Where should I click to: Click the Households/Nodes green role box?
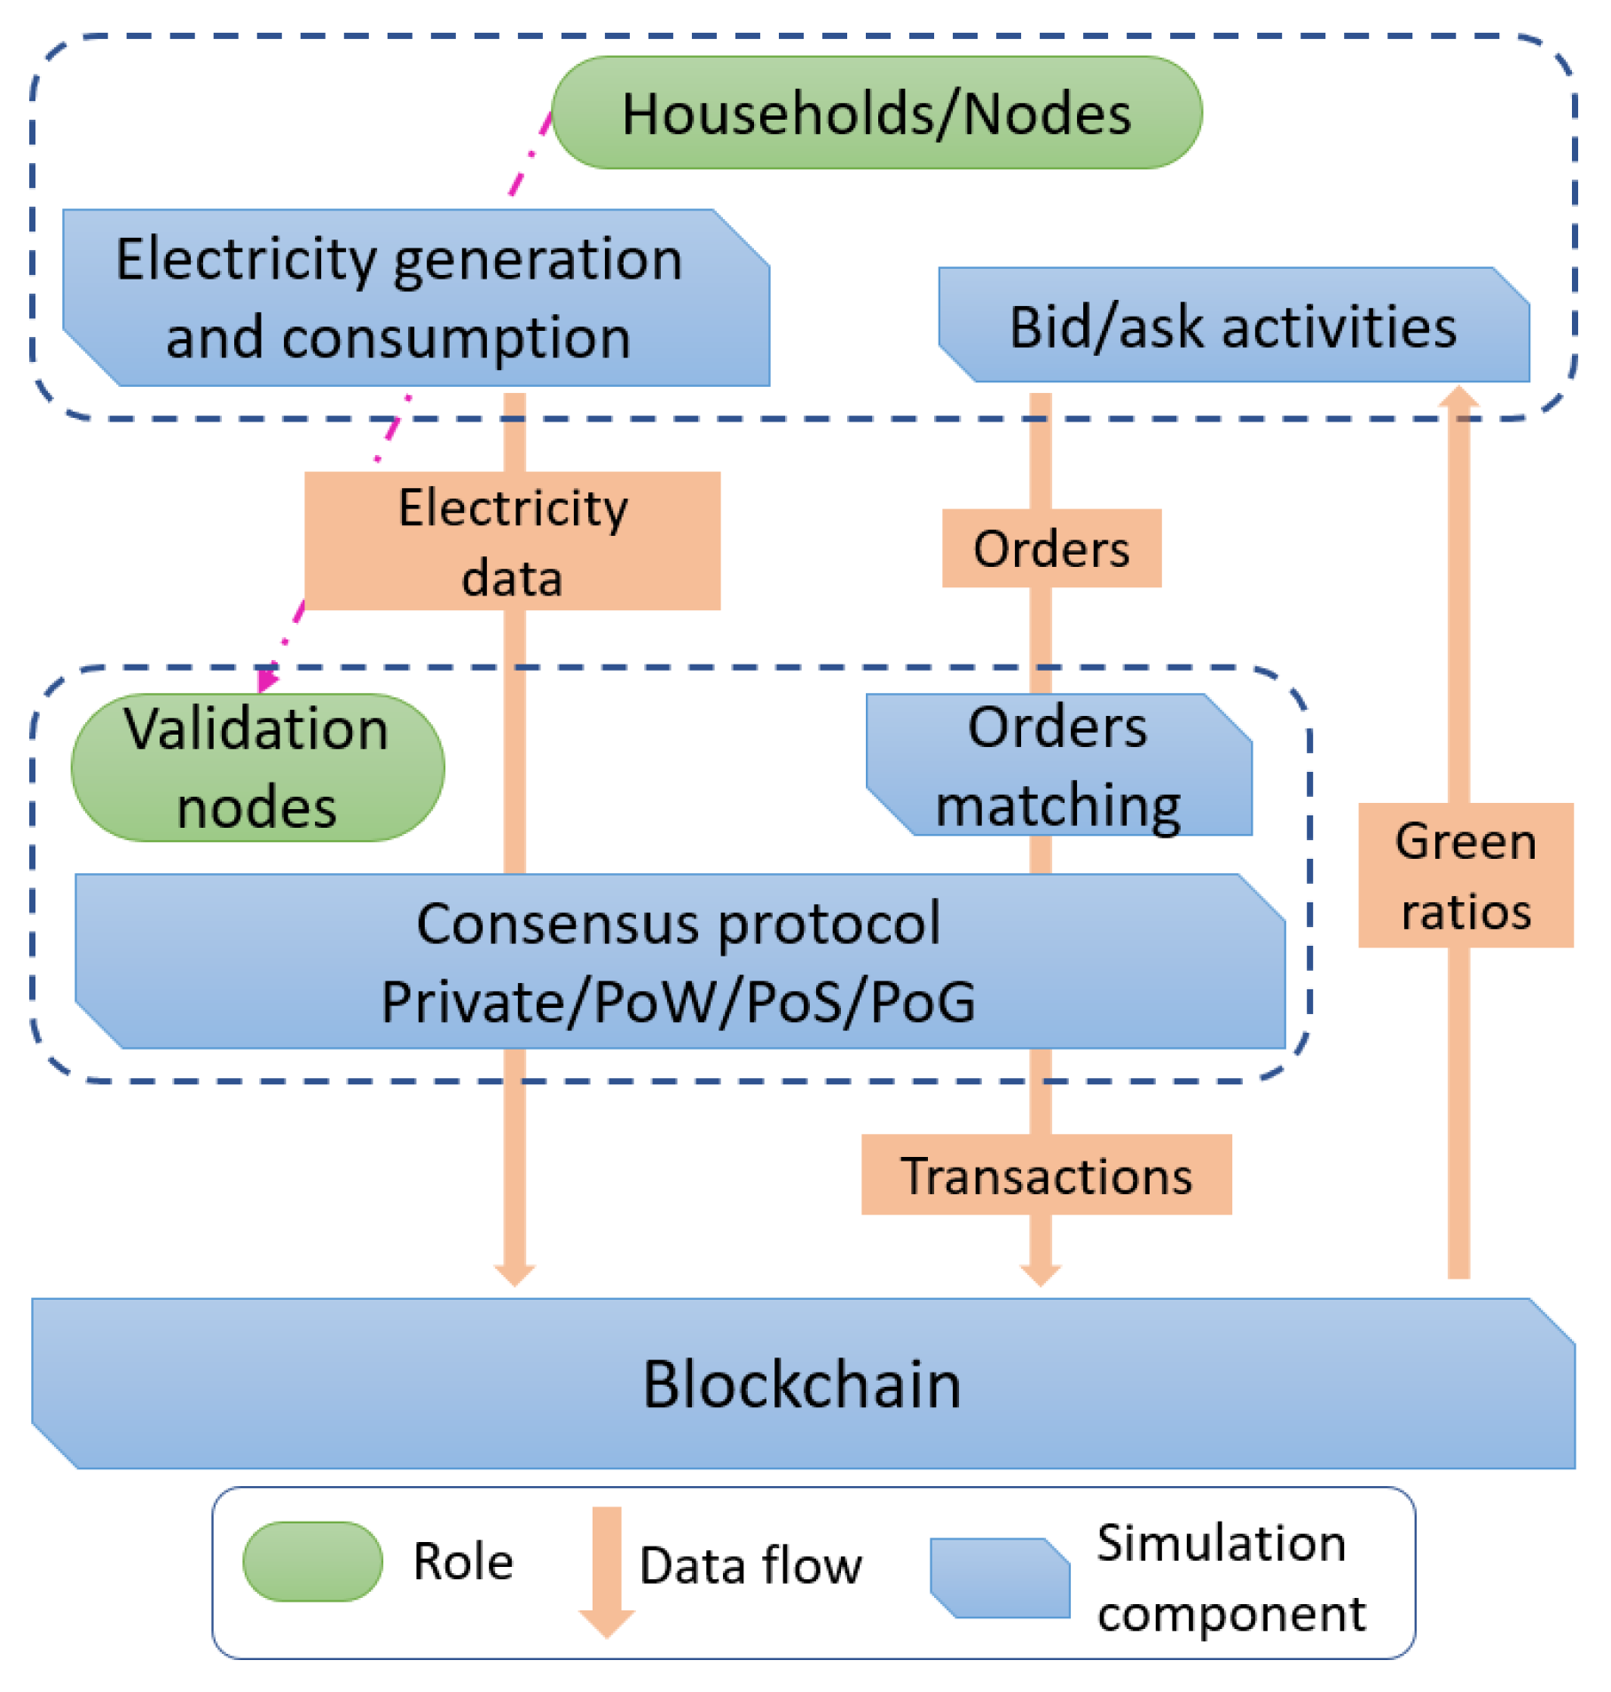[876, 114]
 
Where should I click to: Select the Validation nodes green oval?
[257, 768]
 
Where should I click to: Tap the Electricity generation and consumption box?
[415, 298]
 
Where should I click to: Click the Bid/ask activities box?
[1233, 326]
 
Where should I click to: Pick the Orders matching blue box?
[1058, 766]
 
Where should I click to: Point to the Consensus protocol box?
[680, 962]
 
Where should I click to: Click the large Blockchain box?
[803, 1385]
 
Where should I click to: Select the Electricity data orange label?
[513, 541]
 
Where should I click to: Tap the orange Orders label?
[1051, 548]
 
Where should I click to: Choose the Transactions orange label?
[1047, 1175]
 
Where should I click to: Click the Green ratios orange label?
[1466, 876]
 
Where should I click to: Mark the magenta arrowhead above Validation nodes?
[266, 679]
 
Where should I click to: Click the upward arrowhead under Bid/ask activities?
[1458, 397]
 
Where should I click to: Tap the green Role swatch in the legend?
[312, 1562]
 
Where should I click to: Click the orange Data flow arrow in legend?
[607, 1571]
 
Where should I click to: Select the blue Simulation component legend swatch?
[1000, 1578]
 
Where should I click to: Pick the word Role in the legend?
[463, 1562]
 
